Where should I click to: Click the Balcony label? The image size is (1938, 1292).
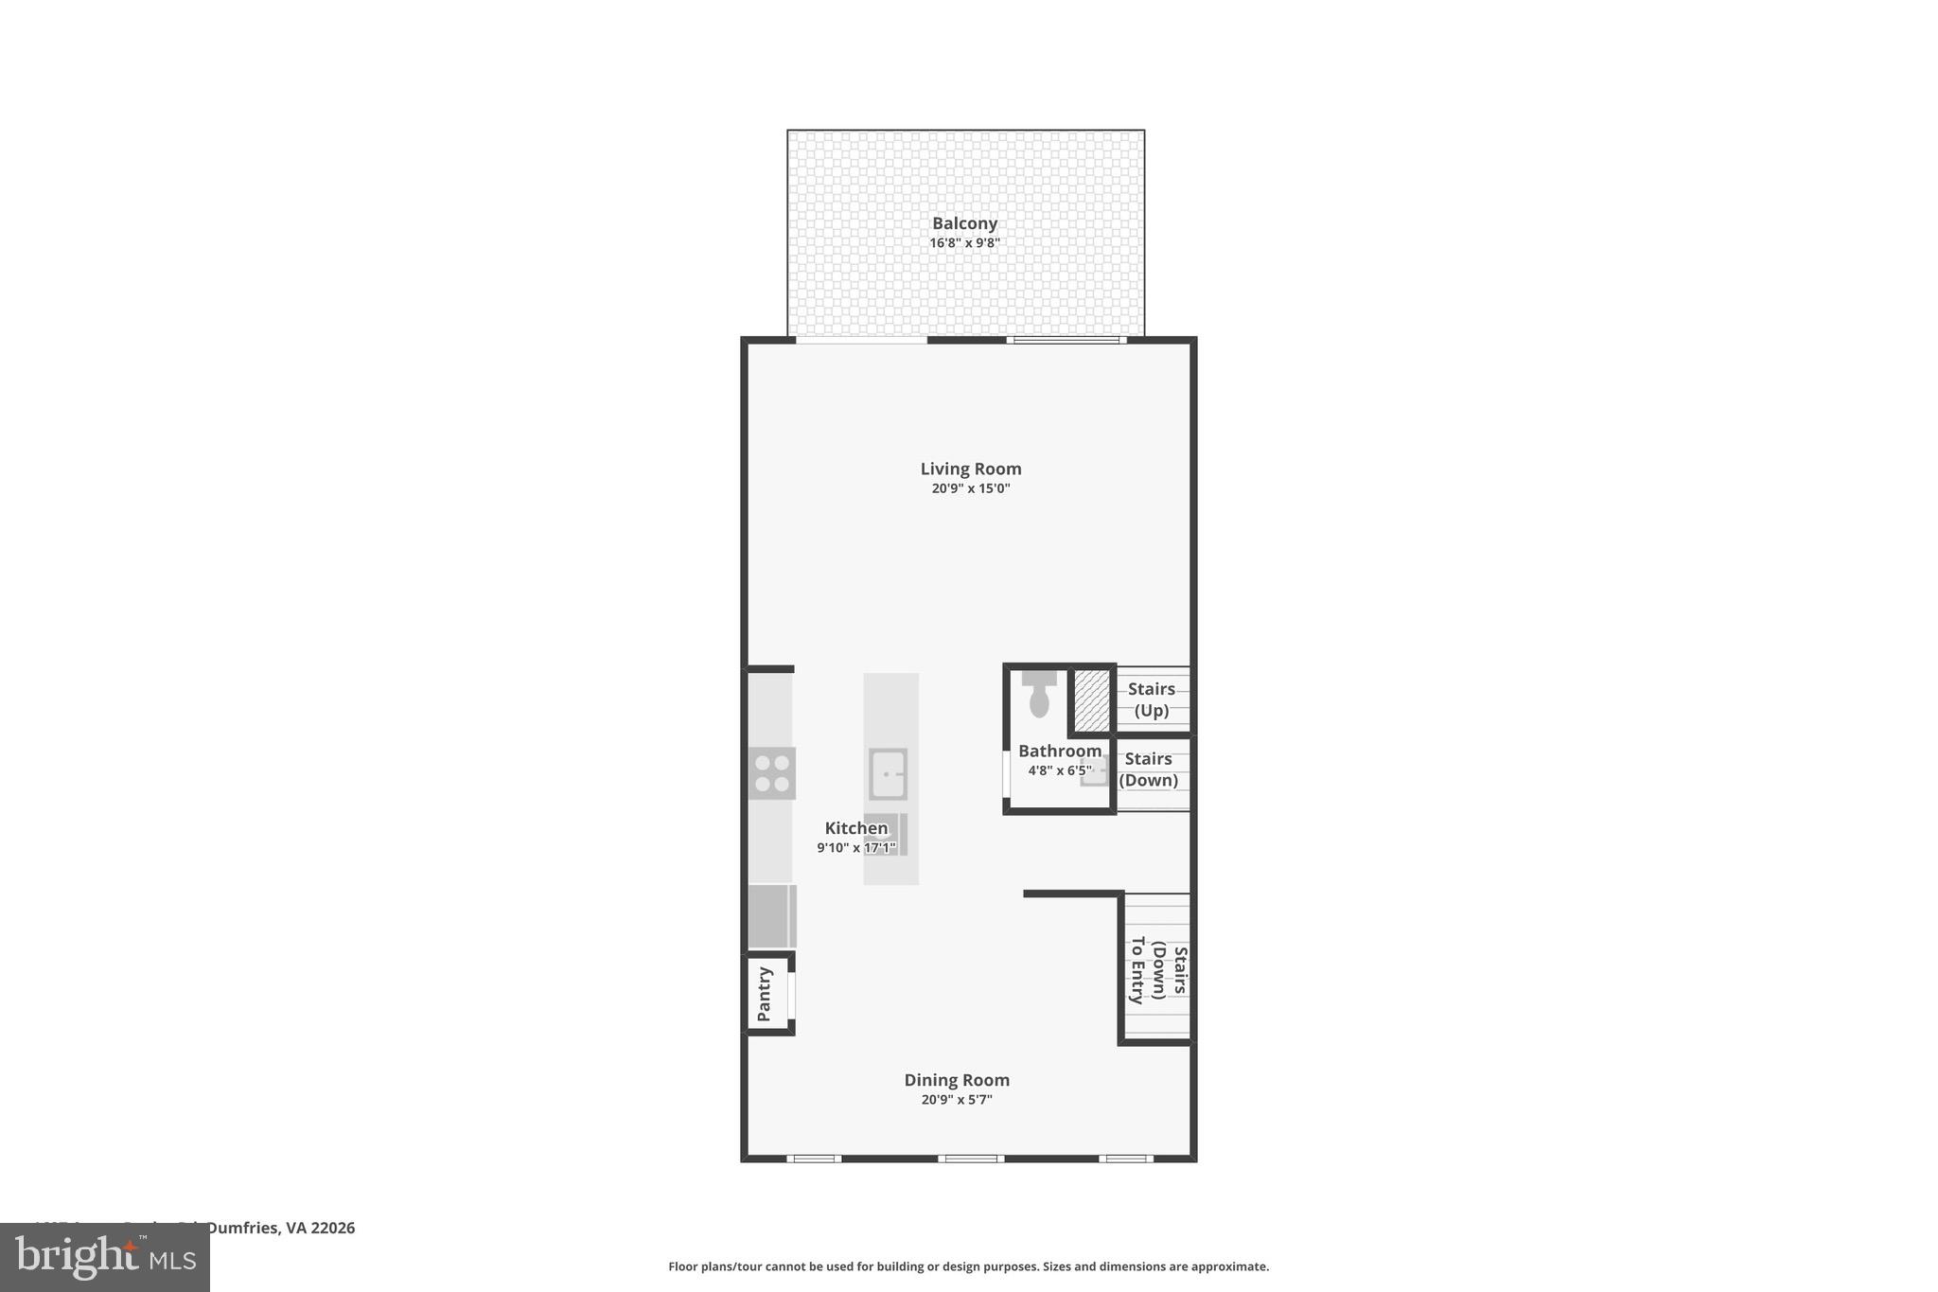point(964,223)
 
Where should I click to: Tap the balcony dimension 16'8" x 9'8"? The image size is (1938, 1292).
point(964,243)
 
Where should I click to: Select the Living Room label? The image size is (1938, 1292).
point(971,469)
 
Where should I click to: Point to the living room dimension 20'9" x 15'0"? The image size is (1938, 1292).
point(971,488)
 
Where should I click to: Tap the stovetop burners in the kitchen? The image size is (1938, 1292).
point(772,773)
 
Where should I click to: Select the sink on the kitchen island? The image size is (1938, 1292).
point(889,773)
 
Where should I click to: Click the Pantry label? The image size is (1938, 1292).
point(765,994)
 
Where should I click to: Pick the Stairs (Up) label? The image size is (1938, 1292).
point(1152,699)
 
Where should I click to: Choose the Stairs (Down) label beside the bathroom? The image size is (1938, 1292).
point(1149,770)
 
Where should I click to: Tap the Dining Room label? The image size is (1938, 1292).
point(957,1080)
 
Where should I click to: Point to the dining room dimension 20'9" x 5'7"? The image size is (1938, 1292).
point(957,1100)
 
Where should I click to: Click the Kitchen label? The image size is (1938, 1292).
point(856,828)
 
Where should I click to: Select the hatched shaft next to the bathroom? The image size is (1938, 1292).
point(1091,700)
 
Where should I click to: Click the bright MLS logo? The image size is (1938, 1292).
point(105,1258)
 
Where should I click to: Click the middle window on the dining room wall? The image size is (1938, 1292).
point(971,1159)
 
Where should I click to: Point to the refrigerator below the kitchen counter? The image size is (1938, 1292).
point(772,916)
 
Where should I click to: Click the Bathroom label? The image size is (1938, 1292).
point(1060,751)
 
